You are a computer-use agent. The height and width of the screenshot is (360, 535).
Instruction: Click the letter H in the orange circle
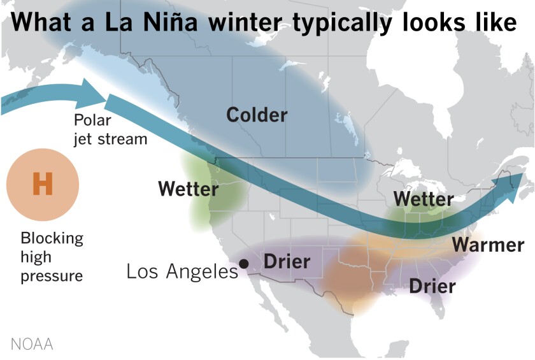pos(42,185)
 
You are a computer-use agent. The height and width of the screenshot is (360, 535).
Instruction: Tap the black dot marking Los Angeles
pos(243,263)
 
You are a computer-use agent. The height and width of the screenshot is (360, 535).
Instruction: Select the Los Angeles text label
pos(182,271)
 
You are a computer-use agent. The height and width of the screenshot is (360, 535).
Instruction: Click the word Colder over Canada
pos(257,115)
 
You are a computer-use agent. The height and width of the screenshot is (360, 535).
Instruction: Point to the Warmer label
pos(488,245)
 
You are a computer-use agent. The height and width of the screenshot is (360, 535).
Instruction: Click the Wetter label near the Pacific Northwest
pos(188,189)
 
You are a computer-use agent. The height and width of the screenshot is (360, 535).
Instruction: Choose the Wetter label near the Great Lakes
pos(423,199)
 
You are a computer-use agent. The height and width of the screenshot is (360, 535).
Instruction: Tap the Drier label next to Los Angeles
pos(287,261)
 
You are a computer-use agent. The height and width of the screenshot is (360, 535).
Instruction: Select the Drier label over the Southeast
pos(432,286)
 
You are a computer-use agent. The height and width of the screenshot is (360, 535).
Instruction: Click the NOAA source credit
pos(31,345)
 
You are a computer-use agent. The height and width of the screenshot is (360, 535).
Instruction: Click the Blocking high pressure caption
pos(52,257)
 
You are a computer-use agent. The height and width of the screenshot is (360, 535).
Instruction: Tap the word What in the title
pos(41,22)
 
